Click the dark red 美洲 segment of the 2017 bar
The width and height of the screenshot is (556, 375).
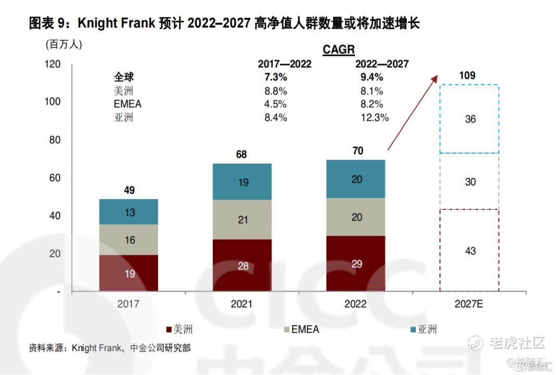[129, 273]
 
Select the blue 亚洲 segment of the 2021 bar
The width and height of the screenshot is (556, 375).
[242, 182]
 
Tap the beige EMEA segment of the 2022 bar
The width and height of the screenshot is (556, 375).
[356, 217]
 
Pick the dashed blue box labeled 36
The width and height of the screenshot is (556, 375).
[470, 119]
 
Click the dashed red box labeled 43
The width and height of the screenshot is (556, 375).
[470, 251]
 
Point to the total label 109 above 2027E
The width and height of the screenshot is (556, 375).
[467, 76]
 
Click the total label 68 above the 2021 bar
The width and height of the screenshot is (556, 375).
[241, 154]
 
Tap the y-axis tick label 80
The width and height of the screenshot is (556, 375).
[54, 140]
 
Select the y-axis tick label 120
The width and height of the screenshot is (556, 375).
[53, 64]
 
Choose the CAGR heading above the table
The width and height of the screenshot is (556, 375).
[338, 49]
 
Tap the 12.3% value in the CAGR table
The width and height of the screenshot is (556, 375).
[374, 117]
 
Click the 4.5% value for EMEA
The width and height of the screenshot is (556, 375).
[275, 104]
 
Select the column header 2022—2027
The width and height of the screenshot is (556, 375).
[382, 64]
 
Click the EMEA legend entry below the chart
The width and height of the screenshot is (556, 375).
[300, 329]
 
